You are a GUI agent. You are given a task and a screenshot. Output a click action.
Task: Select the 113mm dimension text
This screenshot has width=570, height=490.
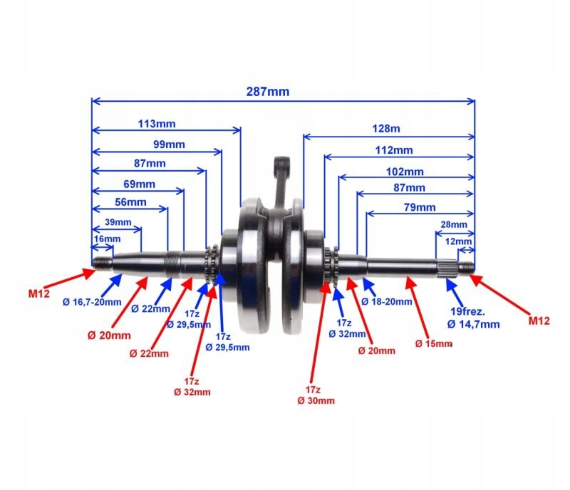coord(157,124)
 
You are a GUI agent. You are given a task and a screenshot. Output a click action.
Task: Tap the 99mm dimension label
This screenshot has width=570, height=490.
coord(169,145)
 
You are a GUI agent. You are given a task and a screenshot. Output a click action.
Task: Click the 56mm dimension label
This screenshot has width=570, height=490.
coord(130,202)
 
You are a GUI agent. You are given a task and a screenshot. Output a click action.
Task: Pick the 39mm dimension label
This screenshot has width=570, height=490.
coord(118,222)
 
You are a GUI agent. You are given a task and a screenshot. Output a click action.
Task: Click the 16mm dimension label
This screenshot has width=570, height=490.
coord(107,239)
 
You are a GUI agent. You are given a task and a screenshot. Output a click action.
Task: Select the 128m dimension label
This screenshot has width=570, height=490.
coord(386,129)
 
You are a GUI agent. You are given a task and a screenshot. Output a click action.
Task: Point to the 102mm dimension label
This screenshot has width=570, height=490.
coord(405,172)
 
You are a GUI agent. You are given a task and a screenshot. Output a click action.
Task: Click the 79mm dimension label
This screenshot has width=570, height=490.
coord(419,207)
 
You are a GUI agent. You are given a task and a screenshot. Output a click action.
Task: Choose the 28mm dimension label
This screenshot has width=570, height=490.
coord(454,225)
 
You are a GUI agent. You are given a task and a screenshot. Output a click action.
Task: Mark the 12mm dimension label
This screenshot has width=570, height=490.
coord(458,242)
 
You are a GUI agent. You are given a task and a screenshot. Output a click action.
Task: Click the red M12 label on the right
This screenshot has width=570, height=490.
coord(539,321)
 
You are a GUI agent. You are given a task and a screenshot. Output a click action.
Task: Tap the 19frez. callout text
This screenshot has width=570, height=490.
coord(467,312)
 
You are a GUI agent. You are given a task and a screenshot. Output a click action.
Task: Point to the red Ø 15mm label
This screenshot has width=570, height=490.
coord(434,344)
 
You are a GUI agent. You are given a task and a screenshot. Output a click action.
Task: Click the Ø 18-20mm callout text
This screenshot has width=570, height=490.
coord(387,302)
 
